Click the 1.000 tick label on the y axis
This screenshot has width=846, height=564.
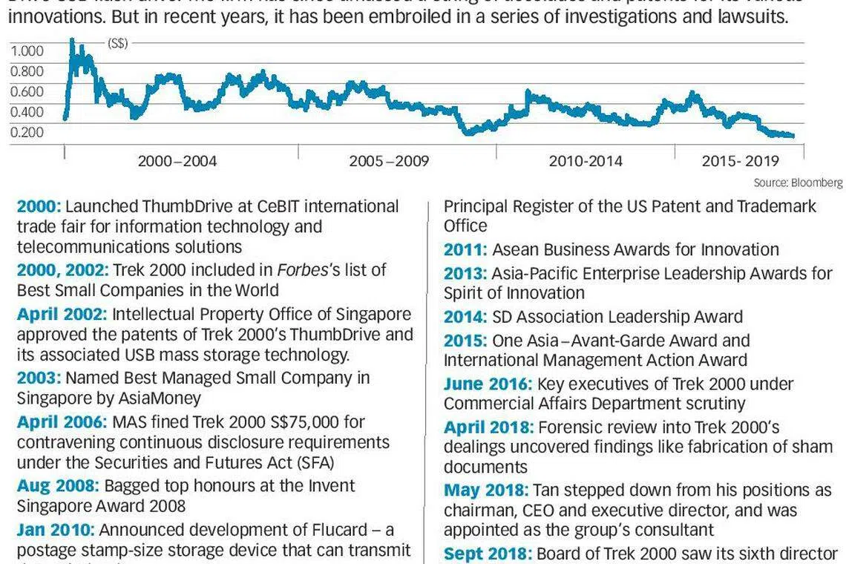tap(27, 51)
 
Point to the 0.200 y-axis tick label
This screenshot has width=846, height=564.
tap(27, 132)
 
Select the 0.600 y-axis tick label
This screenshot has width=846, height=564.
tap(27, 91)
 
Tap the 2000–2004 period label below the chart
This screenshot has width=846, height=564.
tap(177, 161)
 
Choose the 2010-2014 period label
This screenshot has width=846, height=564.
tap(586, 161)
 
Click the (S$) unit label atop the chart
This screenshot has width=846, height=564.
tap(117, 44)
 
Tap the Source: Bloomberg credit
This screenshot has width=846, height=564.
tap(798, 183)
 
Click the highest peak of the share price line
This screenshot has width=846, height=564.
tap(72, 40)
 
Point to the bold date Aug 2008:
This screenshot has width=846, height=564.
tap(58, 486)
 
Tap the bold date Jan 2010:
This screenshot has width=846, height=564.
tap(55, 530)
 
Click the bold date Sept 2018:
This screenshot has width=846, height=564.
tap(488, 554)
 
